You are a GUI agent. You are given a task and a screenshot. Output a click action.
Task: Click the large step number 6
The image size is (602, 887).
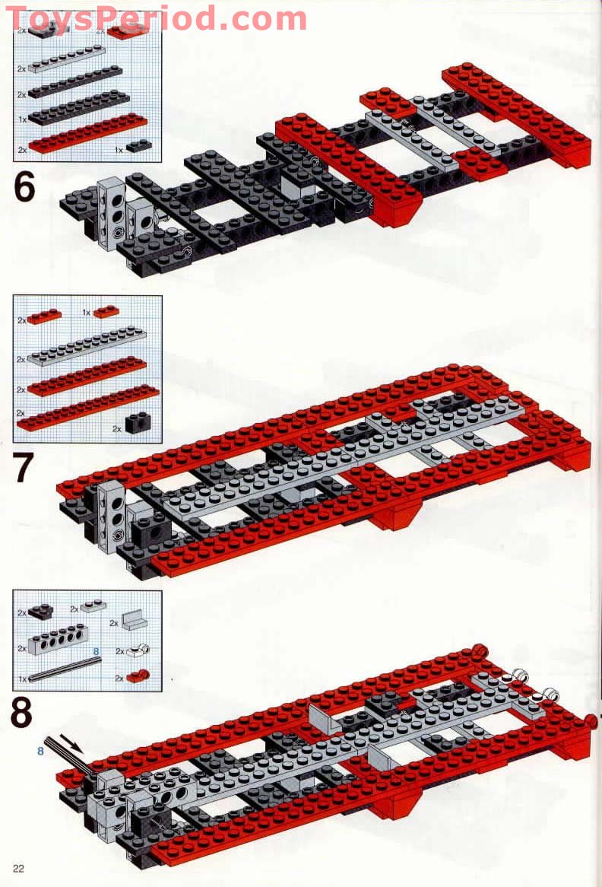tap(24, 187)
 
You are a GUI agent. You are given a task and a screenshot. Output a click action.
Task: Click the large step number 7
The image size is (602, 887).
tap(24, 469)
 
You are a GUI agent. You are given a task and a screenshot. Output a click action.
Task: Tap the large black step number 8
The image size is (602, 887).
tap(23, 714)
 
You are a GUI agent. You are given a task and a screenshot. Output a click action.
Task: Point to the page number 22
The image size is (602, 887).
tap(19, 870)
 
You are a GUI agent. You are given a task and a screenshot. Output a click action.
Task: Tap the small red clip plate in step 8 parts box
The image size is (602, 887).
tap(138, 676)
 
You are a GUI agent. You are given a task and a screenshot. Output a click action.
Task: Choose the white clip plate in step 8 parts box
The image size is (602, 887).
tap(137, 650)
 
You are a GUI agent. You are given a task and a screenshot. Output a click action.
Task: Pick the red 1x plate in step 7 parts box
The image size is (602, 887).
tap(107, 311)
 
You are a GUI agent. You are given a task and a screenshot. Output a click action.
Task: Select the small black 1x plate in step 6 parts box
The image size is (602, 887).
tap(139, 145)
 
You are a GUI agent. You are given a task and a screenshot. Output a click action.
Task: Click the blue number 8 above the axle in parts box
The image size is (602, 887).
tap(97, 652)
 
